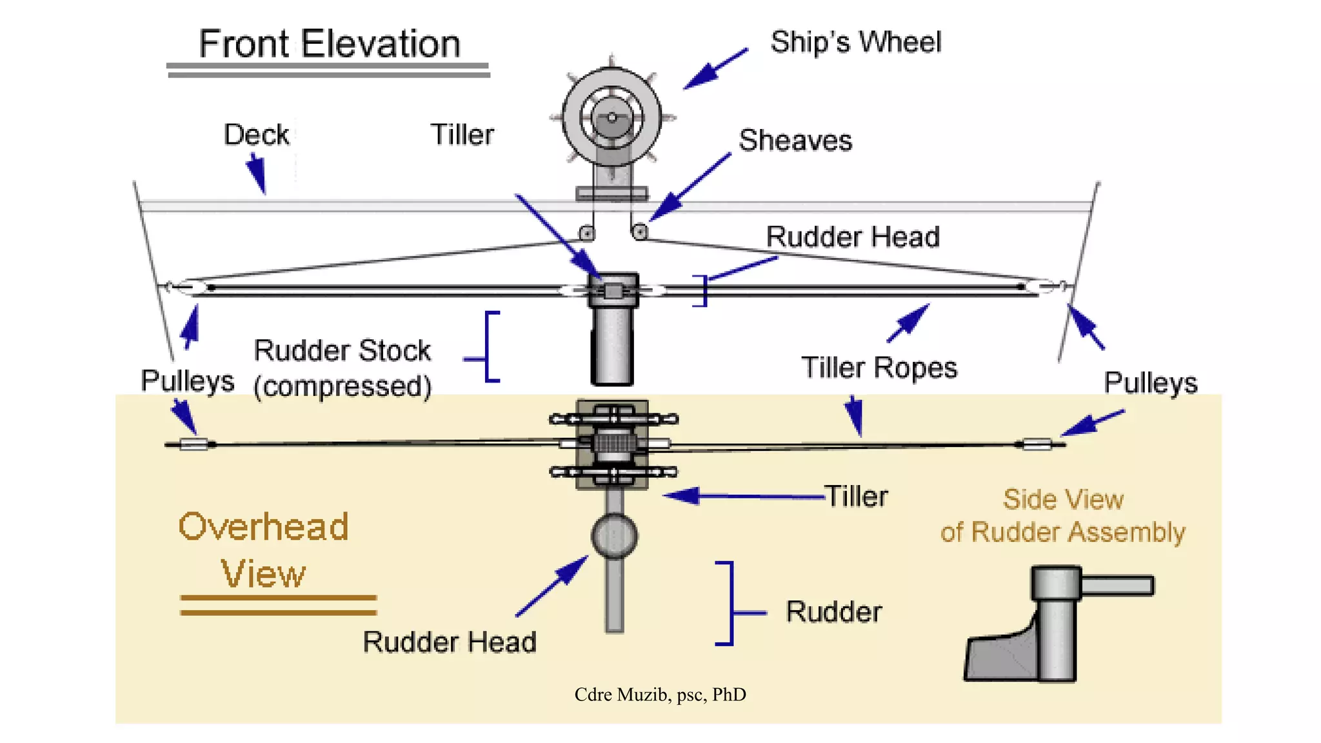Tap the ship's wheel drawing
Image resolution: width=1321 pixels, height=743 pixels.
(611, 118)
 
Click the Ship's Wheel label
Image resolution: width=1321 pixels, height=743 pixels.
(855, 43)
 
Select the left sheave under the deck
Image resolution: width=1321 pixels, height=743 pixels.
(586, 233)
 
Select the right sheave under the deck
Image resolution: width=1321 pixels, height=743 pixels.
(639, 231)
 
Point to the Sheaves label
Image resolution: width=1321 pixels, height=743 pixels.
(795, 141)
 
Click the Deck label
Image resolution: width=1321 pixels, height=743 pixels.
(256, 135)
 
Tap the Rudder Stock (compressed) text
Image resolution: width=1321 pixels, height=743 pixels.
(342, 368)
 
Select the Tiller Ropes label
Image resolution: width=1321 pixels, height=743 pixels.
(879, 368)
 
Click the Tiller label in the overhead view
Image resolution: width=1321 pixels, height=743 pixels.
(856, 497)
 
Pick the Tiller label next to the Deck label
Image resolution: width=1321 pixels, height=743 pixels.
(462, 135)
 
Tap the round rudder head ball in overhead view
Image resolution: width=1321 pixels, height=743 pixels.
(614, 536)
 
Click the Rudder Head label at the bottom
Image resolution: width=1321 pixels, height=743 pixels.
(449, 642)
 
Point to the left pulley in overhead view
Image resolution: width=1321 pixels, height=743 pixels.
(193, 444)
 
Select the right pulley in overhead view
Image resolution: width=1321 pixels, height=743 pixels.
(1037, 444)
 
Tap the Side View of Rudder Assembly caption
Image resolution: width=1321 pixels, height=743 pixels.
(1062, 516)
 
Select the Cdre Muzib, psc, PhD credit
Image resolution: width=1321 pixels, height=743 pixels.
(660, 695)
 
